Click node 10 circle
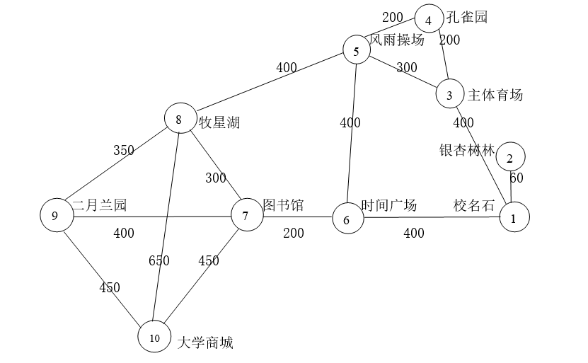point(155,336)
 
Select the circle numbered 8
point(178,119)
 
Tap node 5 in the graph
point(357,50)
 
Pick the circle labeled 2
point(510,156)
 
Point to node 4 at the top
point(429,18)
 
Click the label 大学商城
point(205,343)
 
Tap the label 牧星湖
point(219,122)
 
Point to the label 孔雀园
point(467,17)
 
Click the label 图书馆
point(283,205)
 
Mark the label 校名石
point(474,205)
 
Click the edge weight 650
point(159,260)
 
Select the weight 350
point(124,150)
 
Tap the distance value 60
point(517,178)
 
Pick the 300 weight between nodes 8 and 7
point(216,178)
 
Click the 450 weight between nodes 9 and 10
point(110,287)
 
